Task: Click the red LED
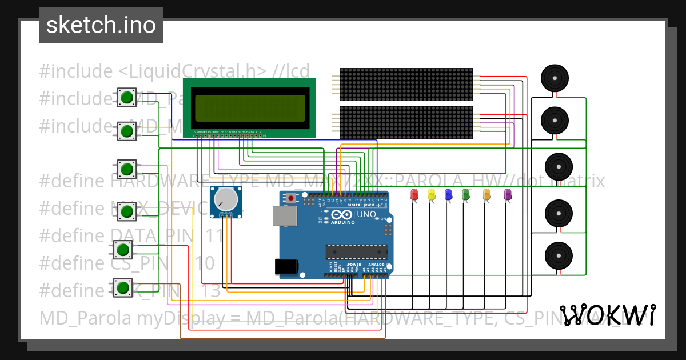pyautogui.click(x=414, y=194)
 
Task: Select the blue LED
pyautogui.click(x=449, y=194)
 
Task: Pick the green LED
pyautogui.click(x=466, y=194)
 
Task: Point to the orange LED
pyautogui.click(x=486, y=194)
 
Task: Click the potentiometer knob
pyautogui.click(x=225, y=199)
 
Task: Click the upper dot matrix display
pyautogui.click(x=406, y=83)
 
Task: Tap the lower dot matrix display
pyautogui.click(x=406, y=122)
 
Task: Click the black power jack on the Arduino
pyautogui.click(x=286, y=267)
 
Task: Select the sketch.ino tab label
pyautogui.click(x=101, y=25)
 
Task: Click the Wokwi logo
pyautogui.click(x=607, y=315)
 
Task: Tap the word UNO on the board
pyautogui.click(x=366, y=215)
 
